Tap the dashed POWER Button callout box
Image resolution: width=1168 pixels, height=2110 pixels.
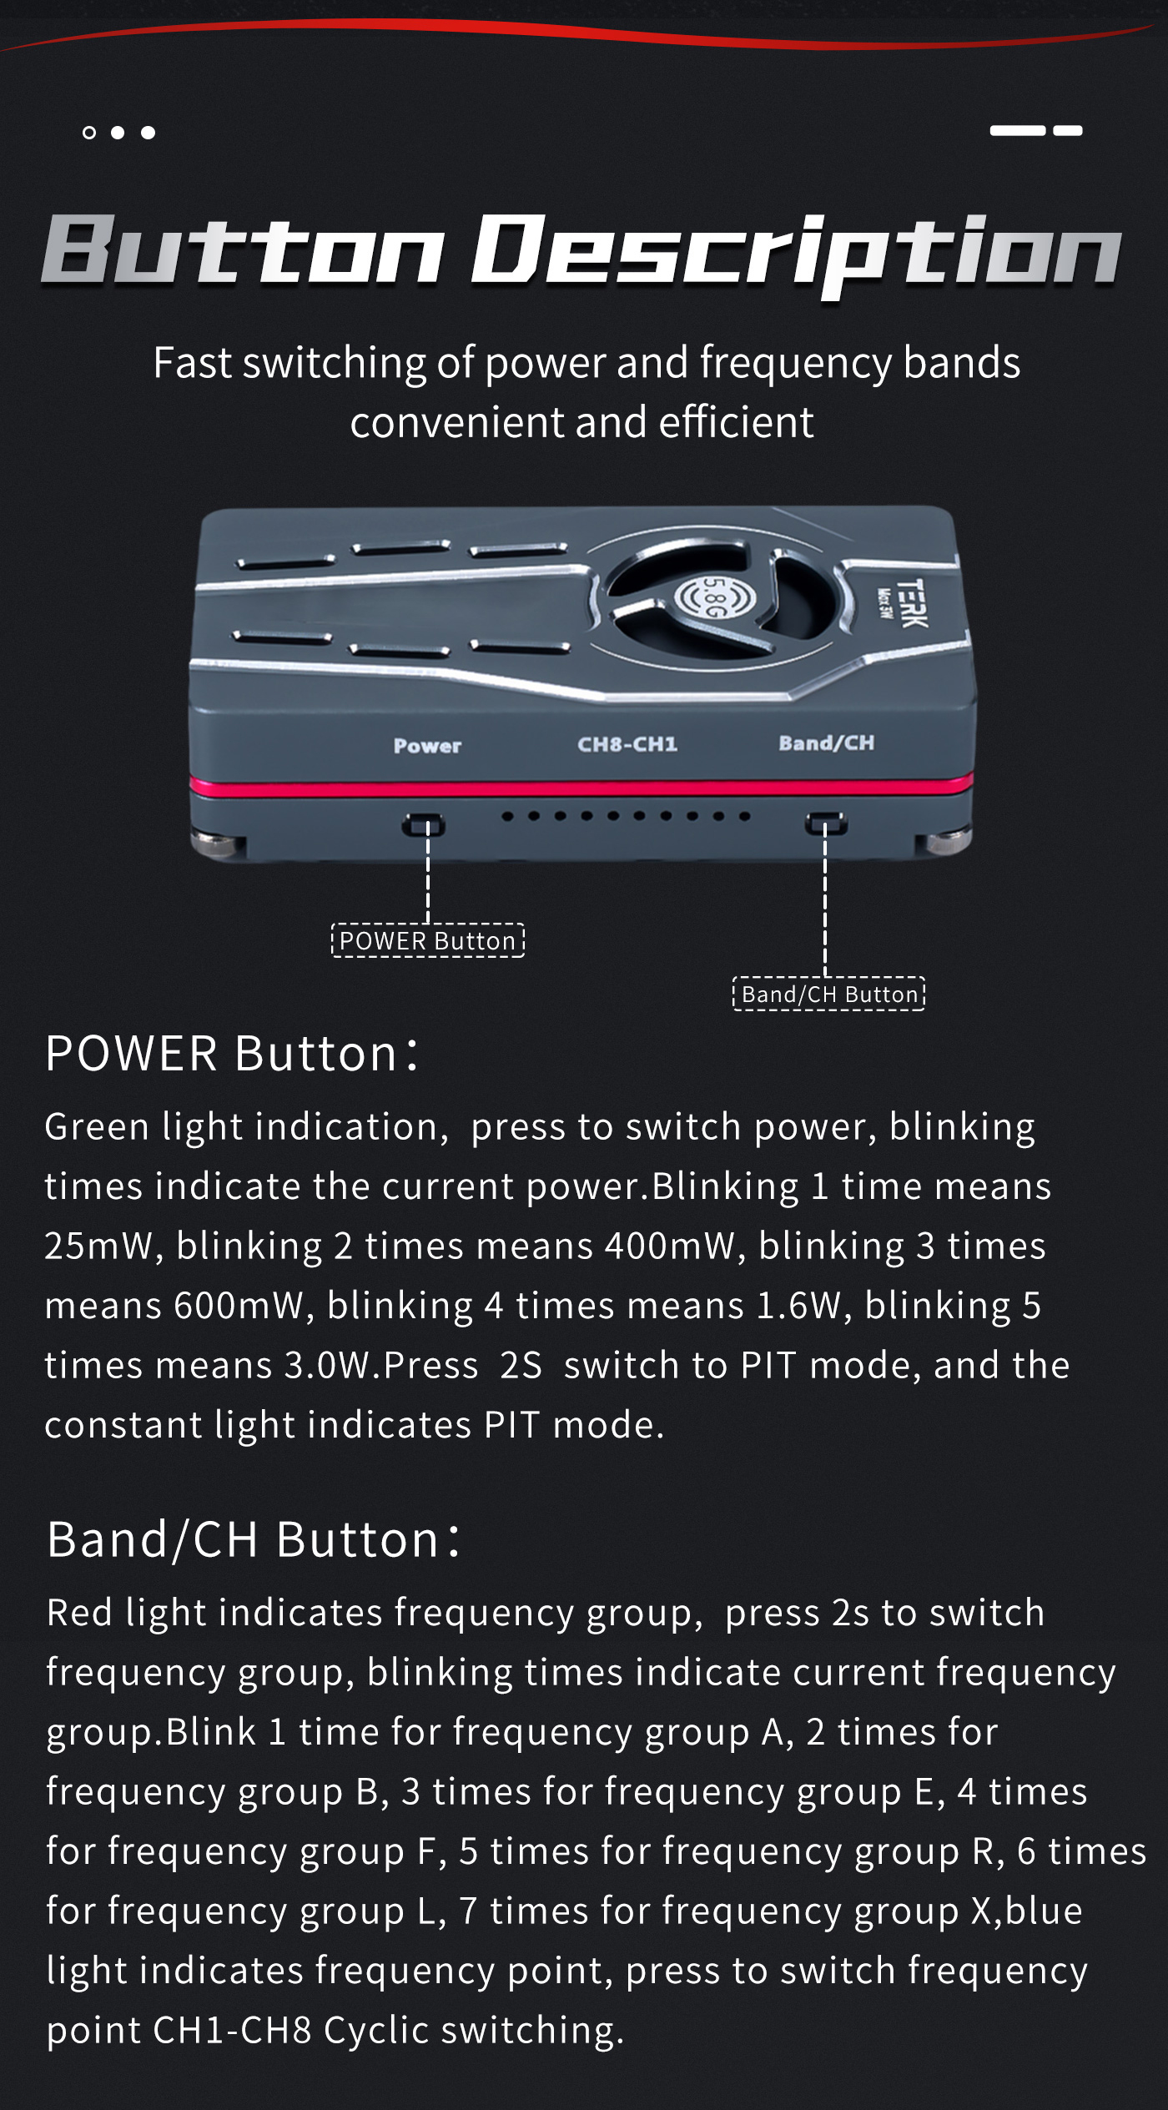coord(428,940)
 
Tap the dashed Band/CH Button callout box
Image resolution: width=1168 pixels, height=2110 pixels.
coord(829,994)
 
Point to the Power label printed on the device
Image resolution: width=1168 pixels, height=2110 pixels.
coord(427,746)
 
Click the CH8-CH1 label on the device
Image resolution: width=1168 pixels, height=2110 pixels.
coord(627,743)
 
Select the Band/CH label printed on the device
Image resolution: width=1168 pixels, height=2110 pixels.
coord(827,743)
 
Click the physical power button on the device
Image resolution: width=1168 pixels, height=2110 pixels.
coord(424,824)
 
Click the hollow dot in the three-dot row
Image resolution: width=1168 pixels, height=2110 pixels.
coord(89,133)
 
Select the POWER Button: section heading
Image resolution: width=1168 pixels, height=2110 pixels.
coord(231,1053)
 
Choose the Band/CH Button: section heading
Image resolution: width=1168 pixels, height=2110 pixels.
coord(253,1539)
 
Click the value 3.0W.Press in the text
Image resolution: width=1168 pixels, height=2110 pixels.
coord(381,1366)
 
